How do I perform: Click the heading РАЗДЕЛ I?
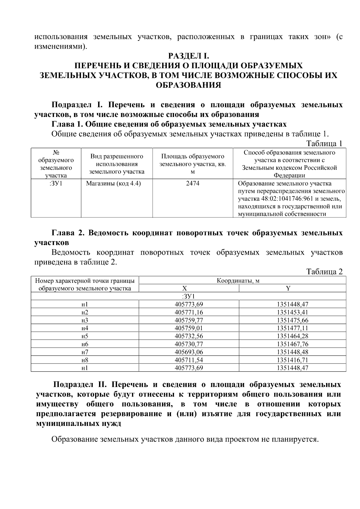tap(188, 56)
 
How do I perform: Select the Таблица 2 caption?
tap(324, 271)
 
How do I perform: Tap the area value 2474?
tap(193, 183)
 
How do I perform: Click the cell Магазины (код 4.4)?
tap(113, 183)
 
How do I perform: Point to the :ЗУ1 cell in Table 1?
tap(56, 183)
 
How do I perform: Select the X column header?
tap(184, 289)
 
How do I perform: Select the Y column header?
tap(288, 289)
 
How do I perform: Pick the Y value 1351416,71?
tap(292, 360)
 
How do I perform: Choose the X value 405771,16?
tap(189, 312)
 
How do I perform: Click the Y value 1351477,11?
tap(292, 328)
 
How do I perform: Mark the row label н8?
tap(85, 360)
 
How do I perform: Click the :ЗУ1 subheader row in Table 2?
tap(188, 296)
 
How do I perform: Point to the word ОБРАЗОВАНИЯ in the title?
tap(188, 85)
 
